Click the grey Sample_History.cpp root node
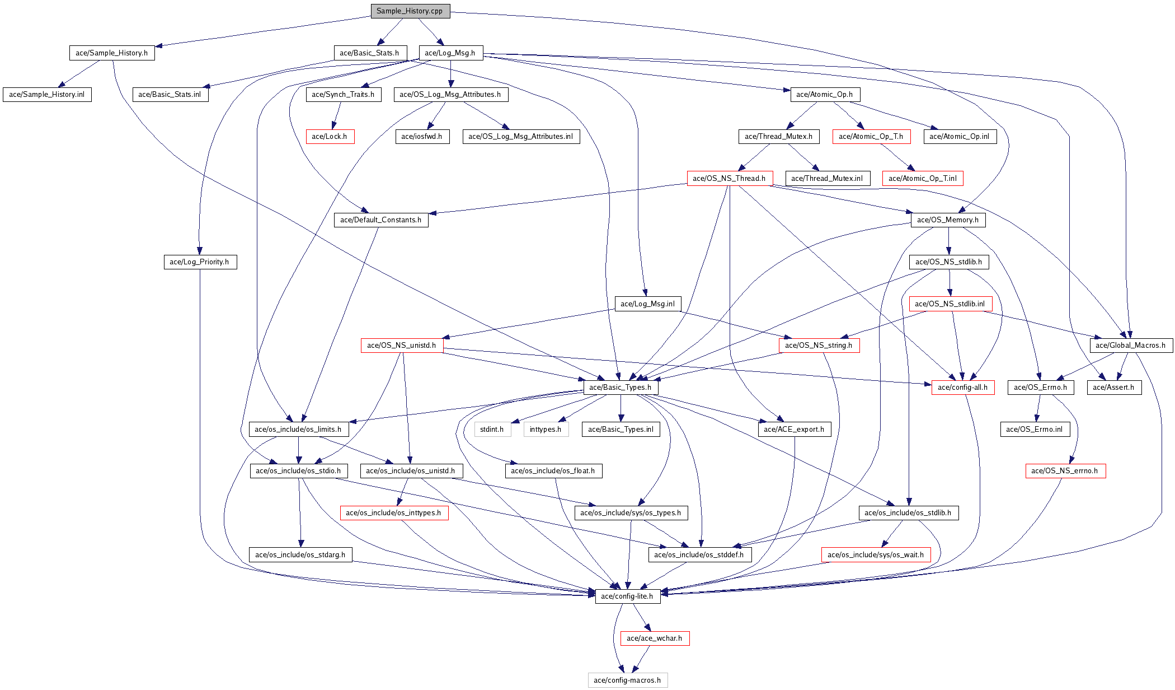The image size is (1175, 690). tap(410, 11)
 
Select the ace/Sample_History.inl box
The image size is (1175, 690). tap(47, 95)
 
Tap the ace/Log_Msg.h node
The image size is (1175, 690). tap(450, 53)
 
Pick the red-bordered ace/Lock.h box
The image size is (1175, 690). tap(330, 137)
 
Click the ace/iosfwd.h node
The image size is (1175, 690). tap(422, 137)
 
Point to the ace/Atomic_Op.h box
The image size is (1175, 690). tap(824, 95)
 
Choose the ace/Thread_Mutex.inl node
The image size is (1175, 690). tap(827, 179)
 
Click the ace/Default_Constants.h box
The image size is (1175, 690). tap(381, 220)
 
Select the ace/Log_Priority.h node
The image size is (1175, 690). tap(200, 262)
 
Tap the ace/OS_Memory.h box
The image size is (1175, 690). tap(948, 220)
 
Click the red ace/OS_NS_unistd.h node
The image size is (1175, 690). tap(402, 346)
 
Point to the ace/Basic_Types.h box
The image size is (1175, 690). tap(621, 388)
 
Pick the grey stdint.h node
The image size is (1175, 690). tap(492, 430)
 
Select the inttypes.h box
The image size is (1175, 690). tap(546, 430)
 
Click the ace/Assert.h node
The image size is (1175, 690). tap(1113, 388)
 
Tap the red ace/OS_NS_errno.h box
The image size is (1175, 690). tap(1065, 471)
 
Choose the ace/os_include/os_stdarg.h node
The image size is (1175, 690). tap(300, 555)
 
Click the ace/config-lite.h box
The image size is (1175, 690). tap(627, 596)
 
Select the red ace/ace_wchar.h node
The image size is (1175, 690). tap(655, 638)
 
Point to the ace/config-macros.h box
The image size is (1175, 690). tap(627, 680)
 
